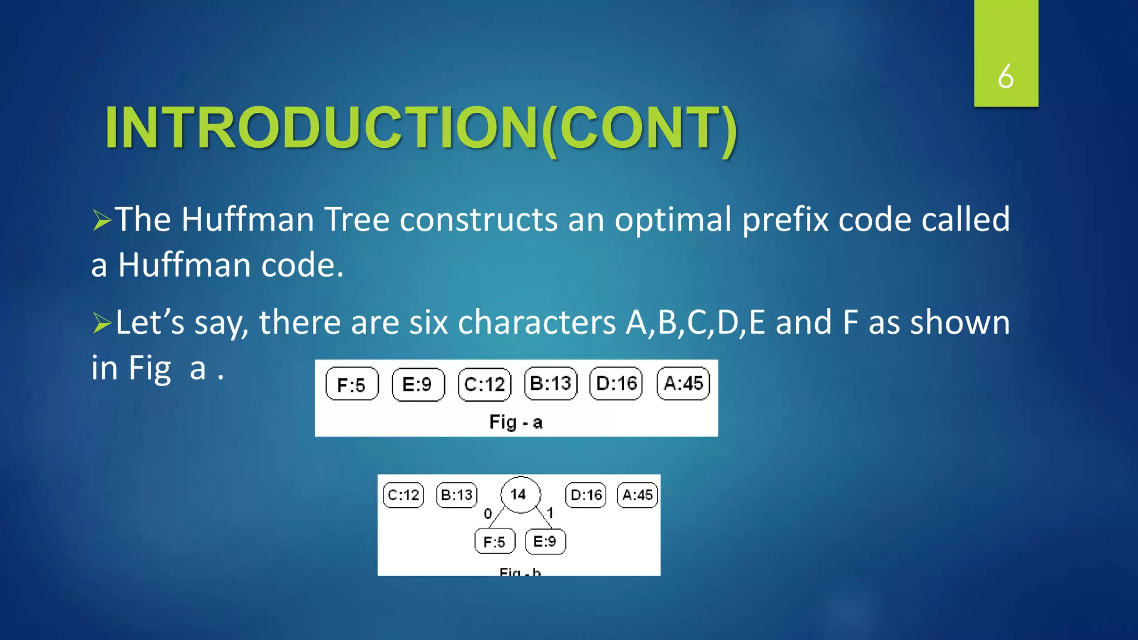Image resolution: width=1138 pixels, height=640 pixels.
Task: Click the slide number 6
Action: [x=1005, y=76]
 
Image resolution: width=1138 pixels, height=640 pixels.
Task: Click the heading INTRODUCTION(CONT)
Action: [x=421, y=128]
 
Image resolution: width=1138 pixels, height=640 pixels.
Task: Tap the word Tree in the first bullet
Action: [x=357, y=219]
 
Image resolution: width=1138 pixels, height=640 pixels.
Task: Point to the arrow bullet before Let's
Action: [x=102, y=323]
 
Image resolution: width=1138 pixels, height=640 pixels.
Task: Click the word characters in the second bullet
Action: [x=536, y=323]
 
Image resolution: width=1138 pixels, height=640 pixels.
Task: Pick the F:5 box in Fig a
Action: [x=352, y=384]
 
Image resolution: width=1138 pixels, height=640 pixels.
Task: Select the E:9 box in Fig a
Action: [x=418, y=384]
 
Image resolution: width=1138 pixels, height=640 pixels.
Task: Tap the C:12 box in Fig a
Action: [x=485, y=384]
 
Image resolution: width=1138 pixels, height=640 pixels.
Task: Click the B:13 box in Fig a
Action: [x=551, y=383]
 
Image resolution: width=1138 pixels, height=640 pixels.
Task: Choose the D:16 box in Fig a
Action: [x=616, y=383]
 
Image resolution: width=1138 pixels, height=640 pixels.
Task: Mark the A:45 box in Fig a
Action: [x=683, y=383]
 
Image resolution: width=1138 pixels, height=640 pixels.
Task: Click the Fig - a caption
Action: [x=516, y=422]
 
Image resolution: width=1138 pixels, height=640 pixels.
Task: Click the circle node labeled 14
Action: [x=520, y=494]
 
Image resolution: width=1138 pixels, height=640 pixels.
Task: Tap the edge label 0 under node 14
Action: [x=488, y=513]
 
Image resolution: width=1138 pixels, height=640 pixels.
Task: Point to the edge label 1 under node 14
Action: [x=550, y=512]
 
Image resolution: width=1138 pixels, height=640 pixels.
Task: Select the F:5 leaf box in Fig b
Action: [x=495, y=541]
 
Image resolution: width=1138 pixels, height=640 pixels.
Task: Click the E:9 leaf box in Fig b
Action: [x=545, y=541]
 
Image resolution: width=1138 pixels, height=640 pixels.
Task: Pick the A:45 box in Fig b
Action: [x=637, y=495]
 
